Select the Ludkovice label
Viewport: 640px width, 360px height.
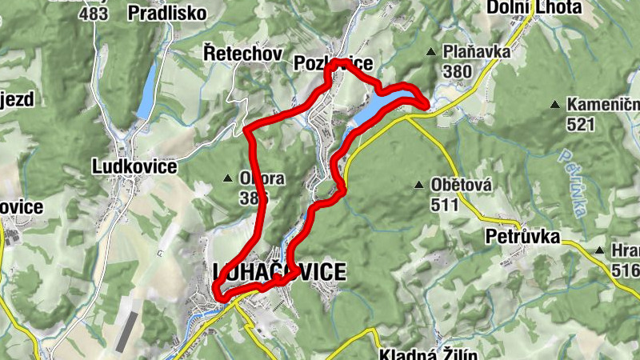coord(134,166)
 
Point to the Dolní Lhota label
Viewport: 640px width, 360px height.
coord(533,8)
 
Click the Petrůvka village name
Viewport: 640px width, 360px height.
coord(522,237)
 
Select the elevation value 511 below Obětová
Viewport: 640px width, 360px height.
coord(443,204)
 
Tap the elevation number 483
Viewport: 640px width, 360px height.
coord(94,14)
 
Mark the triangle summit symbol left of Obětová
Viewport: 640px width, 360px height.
coord(418,186)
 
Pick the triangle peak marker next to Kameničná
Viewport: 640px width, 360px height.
coord(554,105)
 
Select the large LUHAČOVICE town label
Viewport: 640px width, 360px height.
coord(280,272)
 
